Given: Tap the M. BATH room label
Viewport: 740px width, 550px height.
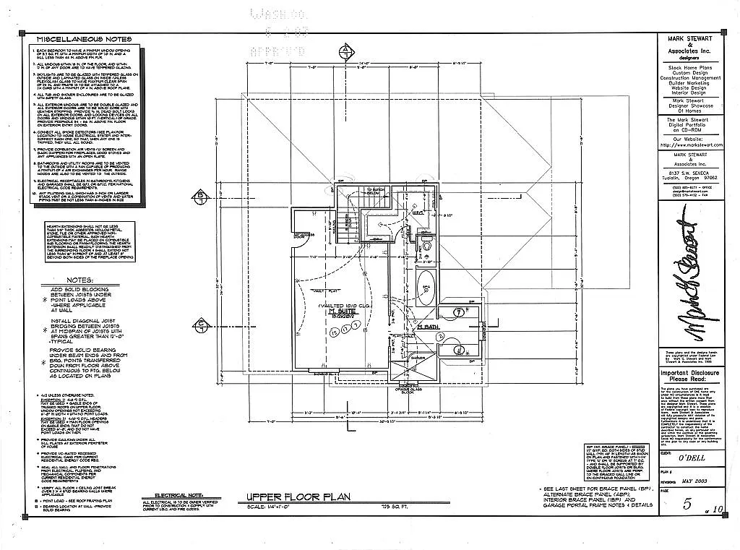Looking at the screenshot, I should click(428, 327).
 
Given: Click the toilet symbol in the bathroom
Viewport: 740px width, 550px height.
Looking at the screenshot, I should click(426, 246).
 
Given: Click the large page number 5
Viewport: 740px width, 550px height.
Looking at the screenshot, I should click(687, 504).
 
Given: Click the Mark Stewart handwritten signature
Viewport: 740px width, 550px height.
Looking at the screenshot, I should click(694, 281).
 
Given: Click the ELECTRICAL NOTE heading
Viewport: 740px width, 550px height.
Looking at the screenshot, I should click(171, 496).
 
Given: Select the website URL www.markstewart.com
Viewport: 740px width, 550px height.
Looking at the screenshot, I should click(694, 145).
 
